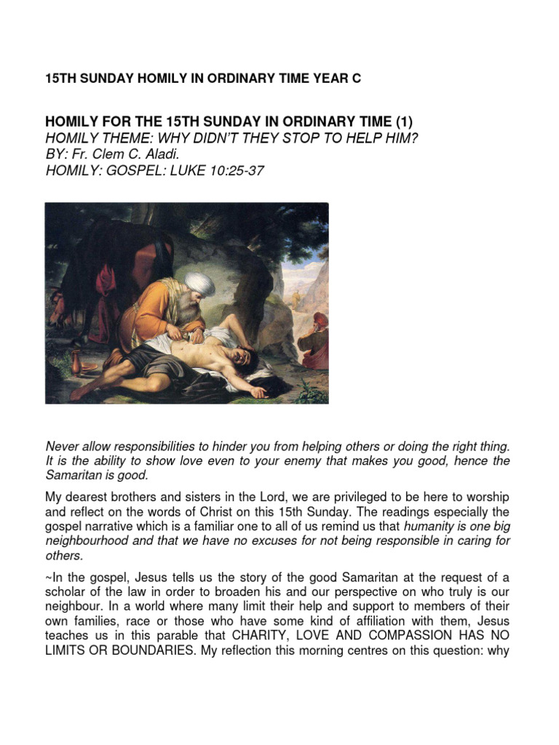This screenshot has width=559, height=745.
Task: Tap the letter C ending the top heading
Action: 356,79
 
